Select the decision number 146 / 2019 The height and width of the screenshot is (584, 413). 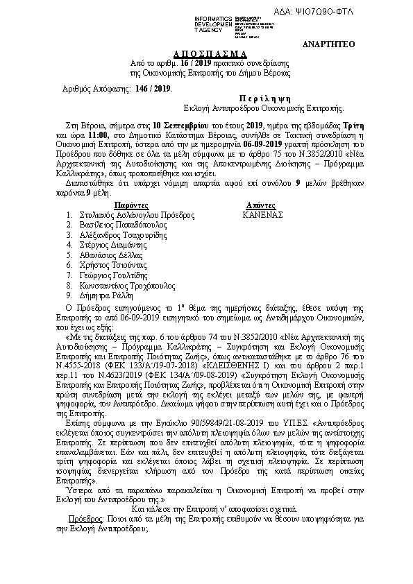[153, 89]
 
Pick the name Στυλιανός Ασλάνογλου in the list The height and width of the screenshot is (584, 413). [121, 216]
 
